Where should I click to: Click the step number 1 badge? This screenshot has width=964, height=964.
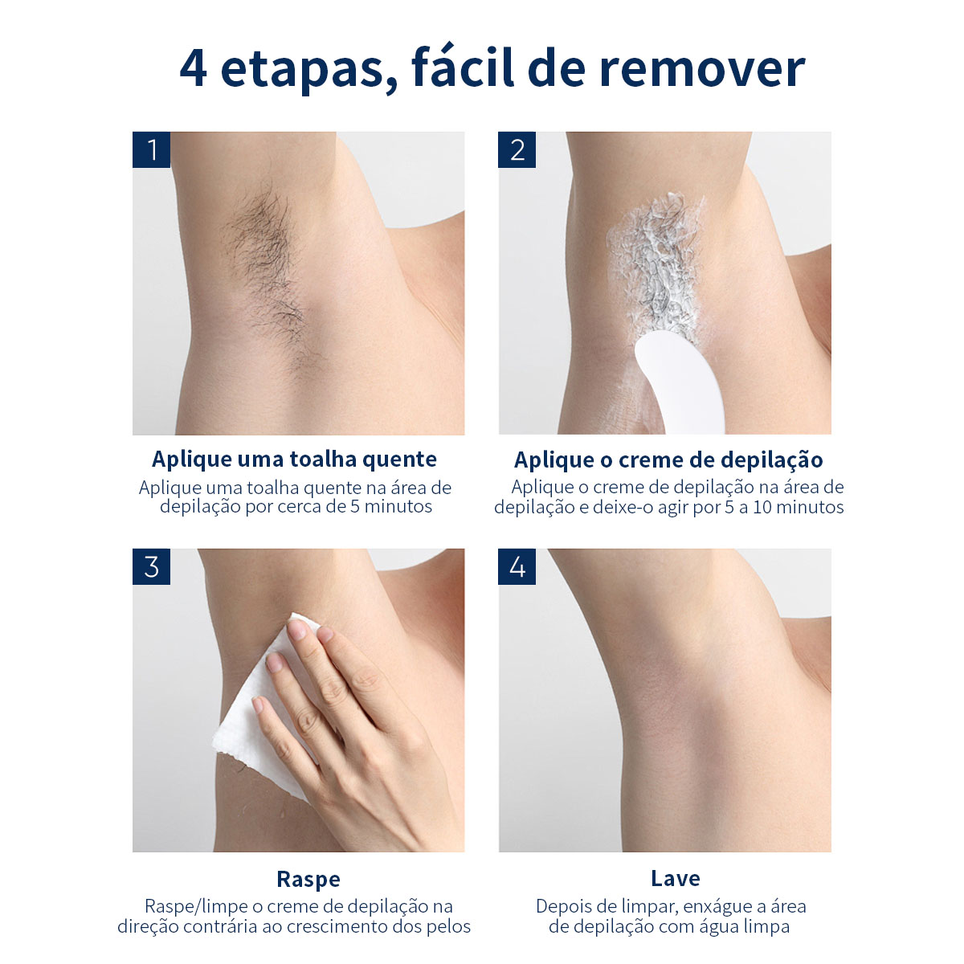tap(151, 149)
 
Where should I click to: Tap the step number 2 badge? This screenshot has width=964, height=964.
tap(517, 149)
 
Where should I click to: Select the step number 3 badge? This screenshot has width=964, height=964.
tap(151, 566)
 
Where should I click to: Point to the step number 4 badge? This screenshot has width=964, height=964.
tap(517, 566)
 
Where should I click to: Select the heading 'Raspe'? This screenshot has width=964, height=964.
tap(308, 879)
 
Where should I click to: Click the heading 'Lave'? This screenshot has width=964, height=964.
tap(675, 878)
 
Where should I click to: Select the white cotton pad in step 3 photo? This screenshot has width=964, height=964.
tap(249, 715)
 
